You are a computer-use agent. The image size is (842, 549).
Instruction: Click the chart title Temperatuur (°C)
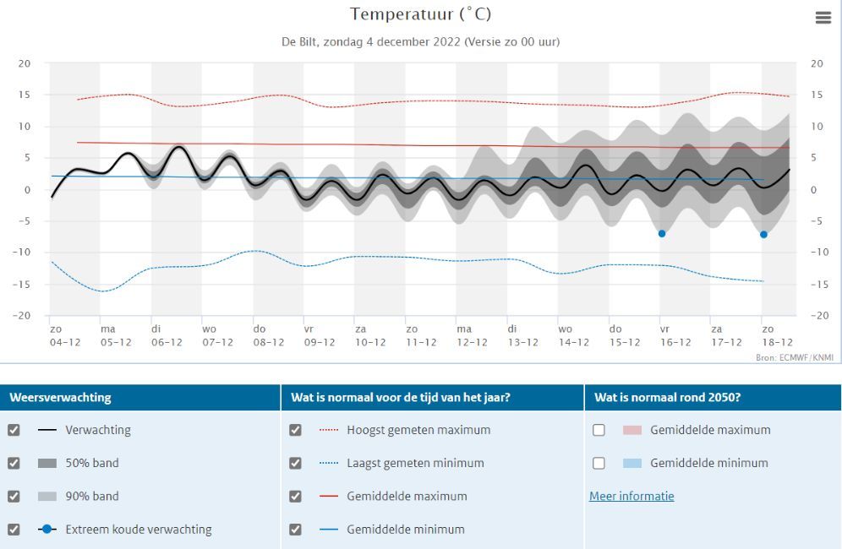click(x=420, y=14)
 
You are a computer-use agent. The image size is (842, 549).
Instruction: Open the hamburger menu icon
click(x=823, y=18)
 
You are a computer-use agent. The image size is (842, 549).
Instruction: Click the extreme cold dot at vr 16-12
click(x=662, y=233)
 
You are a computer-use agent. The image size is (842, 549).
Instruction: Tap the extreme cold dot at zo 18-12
click(x=763, y=234)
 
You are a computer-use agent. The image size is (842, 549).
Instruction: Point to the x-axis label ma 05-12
click(x=116, y=335)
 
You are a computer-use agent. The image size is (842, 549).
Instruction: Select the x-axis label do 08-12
click(x=268, y=335)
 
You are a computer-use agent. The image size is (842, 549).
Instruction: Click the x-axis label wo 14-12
click(x=573, y=335)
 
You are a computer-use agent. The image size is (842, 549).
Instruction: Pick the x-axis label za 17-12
click(x=725, y=335)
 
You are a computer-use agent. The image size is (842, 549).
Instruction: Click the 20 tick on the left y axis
click(x=25, y=63)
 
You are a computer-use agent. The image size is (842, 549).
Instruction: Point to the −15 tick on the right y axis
click(x=817, y=284)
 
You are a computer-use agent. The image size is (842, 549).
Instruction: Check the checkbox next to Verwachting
click(x=14, y=430)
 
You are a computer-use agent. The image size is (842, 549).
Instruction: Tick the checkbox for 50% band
click(x=14, y=463)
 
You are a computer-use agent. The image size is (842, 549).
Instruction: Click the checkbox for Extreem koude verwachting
click(x=14, y=530)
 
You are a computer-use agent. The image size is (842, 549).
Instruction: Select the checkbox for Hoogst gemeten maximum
click(x=295, y=430)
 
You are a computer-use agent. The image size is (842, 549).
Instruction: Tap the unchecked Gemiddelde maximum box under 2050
click(x=599, y=430)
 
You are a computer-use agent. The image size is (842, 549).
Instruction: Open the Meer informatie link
click(x=631, y=496)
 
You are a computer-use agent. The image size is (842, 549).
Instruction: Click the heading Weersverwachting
click(x=60, y=397)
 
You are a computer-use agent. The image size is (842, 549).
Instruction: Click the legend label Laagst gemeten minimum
click(x=415, y=463)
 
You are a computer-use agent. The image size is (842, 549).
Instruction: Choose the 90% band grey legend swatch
click(x=47, y=497)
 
